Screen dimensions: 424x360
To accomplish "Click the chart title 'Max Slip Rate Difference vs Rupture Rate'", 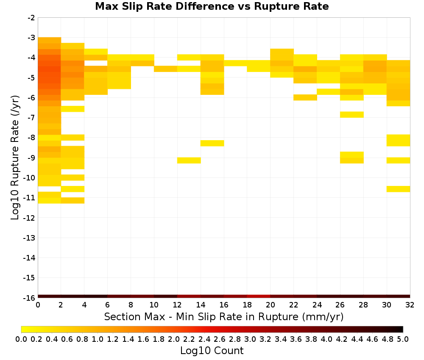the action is click(212, 6).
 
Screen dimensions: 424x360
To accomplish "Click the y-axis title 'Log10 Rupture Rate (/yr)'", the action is click(15, 158).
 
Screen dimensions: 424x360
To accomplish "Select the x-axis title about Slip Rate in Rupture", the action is click(224, 316).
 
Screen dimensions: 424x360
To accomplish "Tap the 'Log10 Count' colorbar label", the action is click(212, 351).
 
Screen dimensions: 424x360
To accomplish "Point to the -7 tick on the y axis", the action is click(31, 118).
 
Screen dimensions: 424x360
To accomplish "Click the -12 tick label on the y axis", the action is click(30, 218).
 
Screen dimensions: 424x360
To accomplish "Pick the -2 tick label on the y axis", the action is click(31, 18).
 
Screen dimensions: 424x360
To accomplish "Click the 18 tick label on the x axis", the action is click(247, 305).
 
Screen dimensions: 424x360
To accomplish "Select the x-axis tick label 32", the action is click(410, 305).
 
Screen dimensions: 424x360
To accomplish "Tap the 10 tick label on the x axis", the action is click(154, 305).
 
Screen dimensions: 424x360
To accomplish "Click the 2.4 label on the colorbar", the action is click(204, 339).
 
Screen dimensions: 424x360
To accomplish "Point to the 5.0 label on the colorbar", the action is click(403, 339).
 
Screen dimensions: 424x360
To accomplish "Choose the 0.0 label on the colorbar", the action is click(21, 339).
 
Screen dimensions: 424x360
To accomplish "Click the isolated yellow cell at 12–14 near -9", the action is click(189, 161).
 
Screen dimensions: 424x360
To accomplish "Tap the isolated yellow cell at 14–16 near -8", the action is click(212, 143).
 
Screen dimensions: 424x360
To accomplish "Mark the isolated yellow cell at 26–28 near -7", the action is click(352, 114).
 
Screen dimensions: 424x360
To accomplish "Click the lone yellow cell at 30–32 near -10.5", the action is click(398, 189).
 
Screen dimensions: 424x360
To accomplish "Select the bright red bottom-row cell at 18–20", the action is click(259, 296).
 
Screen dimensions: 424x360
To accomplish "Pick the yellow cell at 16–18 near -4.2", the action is click(235, 63).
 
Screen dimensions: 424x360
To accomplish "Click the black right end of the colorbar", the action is click(401, 329).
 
